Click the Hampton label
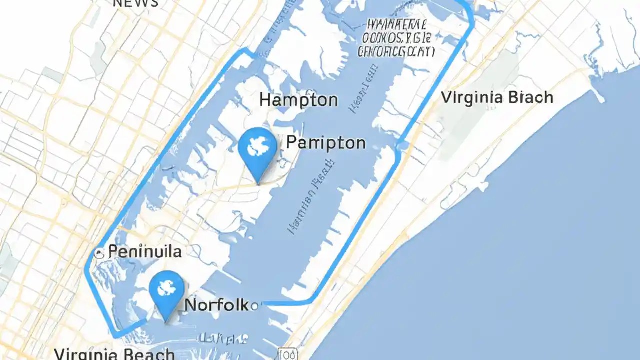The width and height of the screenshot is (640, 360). (x=298, y=100)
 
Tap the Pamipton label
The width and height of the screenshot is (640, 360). (x=326, y=143)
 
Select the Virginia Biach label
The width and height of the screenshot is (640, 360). (x=497, y=97)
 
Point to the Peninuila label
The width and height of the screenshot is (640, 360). (x=145, y=251)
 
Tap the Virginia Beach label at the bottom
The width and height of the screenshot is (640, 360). (x=114, y=354)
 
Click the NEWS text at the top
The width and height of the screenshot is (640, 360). (x=136, y=3)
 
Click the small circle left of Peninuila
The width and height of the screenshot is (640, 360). (x=99, y=253)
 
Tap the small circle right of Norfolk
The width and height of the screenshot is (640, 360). (x=255, y=305)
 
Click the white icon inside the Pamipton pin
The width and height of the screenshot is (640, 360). (x=257, y=143)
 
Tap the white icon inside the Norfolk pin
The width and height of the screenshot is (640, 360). (x=166, y=286)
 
